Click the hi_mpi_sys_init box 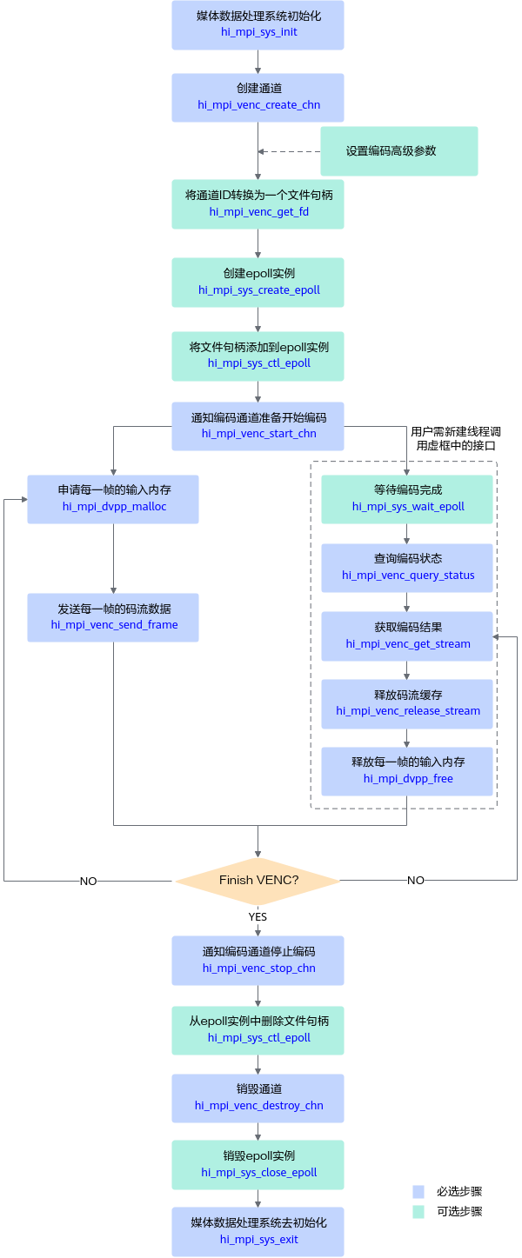tap(258, 25)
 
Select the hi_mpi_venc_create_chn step tap(258, 97)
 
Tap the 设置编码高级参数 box tap(399, 151)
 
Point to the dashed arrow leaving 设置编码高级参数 tap(290, 151)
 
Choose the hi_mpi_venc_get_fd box tap(258, 203)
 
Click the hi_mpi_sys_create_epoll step tap(258, 283)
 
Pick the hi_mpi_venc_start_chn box tap(258, 426)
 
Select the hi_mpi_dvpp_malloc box tap(113, 499)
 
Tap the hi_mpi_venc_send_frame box tap(113, 617)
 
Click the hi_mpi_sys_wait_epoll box tap(407, 499)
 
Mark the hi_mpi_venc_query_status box tap(407, 568)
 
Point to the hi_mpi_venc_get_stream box tap(407, 636)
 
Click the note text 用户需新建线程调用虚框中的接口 tap(456, 439)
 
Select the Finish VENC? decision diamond tap(258, 881)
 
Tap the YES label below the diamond tap(258, 916)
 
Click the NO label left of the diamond tap(88, 882)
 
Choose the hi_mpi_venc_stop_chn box tap(258, 961)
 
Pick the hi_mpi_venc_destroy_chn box tap(258, 1098)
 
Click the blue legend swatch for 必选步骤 tap(418, 1191)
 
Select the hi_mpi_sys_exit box tap(258, 1232)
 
